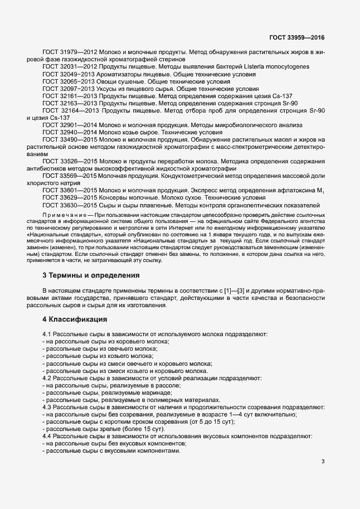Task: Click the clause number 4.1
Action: (47, 334)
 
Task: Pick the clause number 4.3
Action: (47, 406)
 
